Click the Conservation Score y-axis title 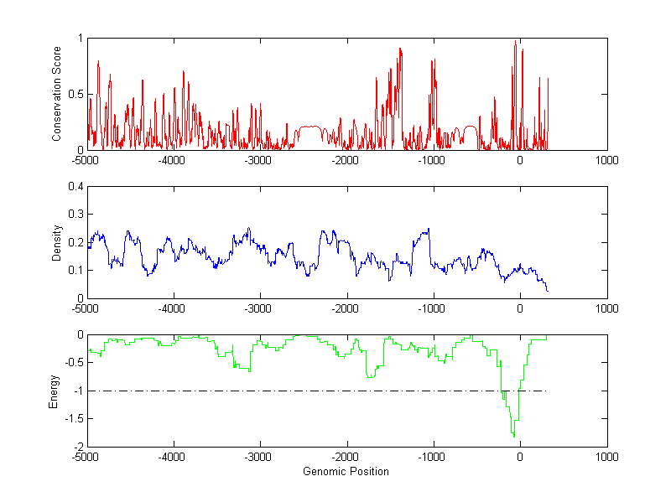tap(56, 94)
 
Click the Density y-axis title tap(56, 242)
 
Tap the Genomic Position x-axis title tap(346, 471)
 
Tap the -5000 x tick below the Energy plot tap(87, 457)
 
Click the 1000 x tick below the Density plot tap(606, 308)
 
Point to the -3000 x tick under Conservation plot tap(260, 160)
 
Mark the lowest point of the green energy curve tap(513, 437)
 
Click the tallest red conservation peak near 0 tap(515, 41)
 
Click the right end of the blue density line tap(548, 291)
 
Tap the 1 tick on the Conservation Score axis tap(80, 39)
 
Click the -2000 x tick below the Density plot tap(346, 308)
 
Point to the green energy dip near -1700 tap(370, 377)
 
